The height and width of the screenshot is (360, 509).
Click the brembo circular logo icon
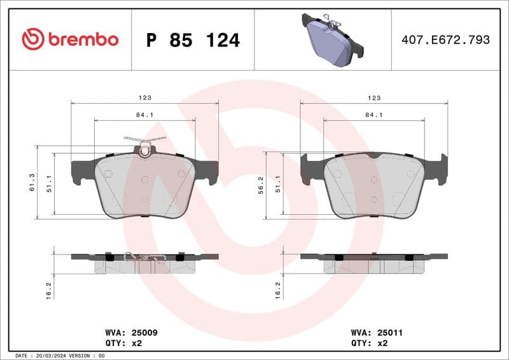tap(33, 39)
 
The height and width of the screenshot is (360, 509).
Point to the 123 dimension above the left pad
tap(145, 98)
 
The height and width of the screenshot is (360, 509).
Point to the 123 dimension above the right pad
tap(374, 98)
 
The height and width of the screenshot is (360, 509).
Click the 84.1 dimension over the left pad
tap(145, 115)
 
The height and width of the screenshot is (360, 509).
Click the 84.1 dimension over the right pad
tap(374, 115)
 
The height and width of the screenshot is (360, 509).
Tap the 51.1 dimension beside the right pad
tap(279, 184)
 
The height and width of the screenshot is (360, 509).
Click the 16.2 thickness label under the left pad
tap(50, 290)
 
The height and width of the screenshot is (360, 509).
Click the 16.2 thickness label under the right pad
tap(278, 290)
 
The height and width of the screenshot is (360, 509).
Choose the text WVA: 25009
tap(131, 333)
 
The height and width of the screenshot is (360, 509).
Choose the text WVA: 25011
tap(377, 333)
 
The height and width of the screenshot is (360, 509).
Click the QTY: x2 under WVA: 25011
tap(369, 343)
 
